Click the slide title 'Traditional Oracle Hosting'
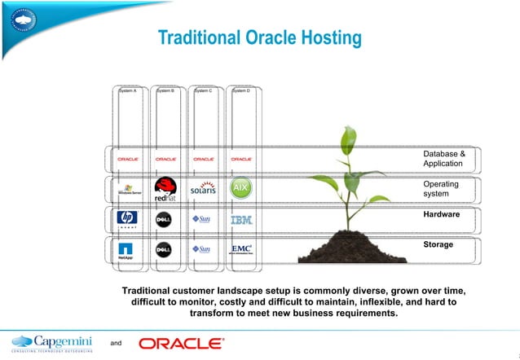click(x=259, y=38)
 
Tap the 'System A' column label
click(x=128, y=90)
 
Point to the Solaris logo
click(x=203, y=188)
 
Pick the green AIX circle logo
click(x=241, y=188)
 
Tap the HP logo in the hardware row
click(x=126, y=219)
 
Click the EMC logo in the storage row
click(x=241, y=249)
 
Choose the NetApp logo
click(x=126, y=251)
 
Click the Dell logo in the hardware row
click(x=165, y=219)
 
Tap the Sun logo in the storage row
click(x=202, y=249)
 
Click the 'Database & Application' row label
click(x=444, y=159)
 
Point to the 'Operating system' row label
click(x=441, y=189)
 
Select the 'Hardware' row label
click(x=442, y=214)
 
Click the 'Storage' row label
click(x=438, y=244)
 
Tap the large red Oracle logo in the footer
click(x=180, y=343)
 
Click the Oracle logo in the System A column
click(x=128, y=159)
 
